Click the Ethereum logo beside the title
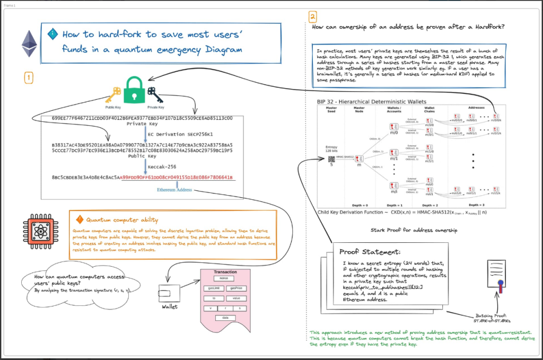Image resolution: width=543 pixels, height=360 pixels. pos(29,43)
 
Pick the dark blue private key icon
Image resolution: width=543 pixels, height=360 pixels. pos(155,94)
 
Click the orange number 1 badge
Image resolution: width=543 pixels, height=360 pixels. pos(29,78)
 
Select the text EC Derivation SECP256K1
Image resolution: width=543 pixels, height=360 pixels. pos(180,135)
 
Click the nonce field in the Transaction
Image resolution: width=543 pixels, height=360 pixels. pos(225,278)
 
